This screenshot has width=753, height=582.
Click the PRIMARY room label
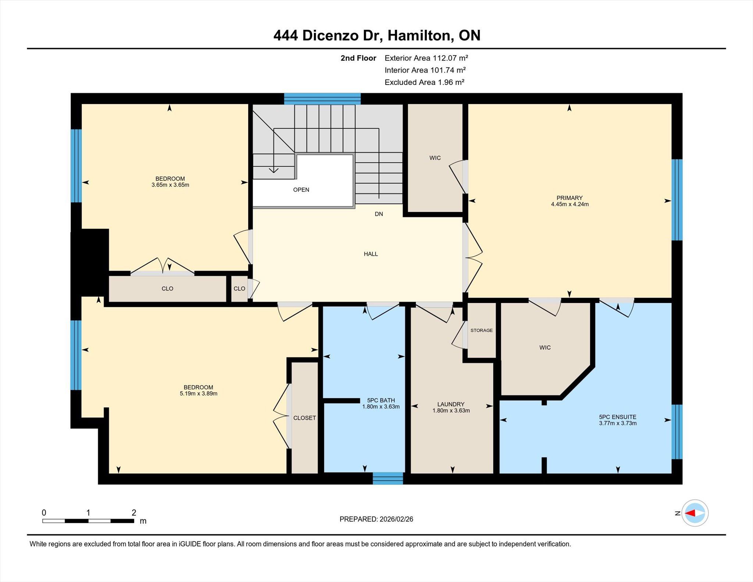click(570, 198)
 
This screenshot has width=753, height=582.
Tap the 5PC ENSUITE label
click(618, 417)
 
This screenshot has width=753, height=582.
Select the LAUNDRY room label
click(451, 404)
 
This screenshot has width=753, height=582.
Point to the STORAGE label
click(482, 330)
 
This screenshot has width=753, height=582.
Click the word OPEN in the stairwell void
click(301, 190)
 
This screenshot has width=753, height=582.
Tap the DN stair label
click(379, 214)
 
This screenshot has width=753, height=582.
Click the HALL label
click(371, 254)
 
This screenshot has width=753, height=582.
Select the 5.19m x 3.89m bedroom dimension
click(199, 393)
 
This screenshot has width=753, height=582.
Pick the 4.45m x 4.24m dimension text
click(570, 204)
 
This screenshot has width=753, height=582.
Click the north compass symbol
click(695, 513)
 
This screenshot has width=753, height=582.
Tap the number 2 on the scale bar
click(134, 513)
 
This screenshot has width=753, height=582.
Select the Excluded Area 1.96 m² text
click(424, 82)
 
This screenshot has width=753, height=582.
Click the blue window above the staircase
click(322, 99)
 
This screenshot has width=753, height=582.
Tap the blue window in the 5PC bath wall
click(388, 478)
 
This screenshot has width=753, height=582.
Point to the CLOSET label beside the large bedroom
click(304, 418)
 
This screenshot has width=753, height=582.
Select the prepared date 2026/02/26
click(396, 519)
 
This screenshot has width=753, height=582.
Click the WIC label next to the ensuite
click(545, 347)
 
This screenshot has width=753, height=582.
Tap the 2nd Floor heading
click(358, 58)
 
